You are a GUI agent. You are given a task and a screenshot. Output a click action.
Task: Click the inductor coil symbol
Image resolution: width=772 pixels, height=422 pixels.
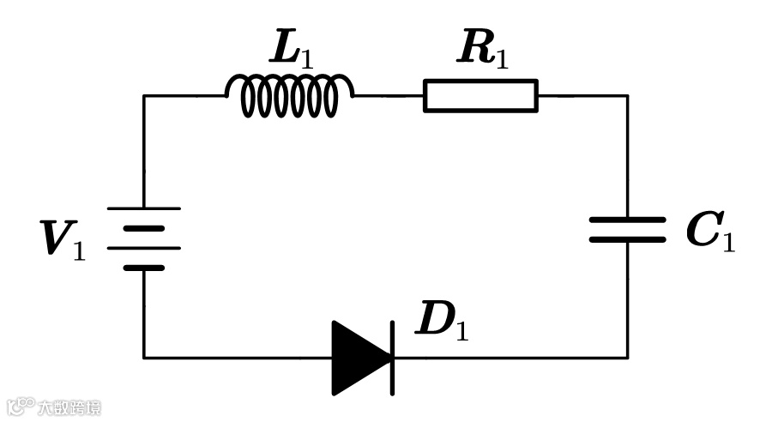coord(289,95)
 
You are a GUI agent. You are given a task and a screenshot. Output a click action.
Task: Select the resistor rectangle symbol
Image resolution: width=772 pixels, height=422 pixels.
coord(480,95)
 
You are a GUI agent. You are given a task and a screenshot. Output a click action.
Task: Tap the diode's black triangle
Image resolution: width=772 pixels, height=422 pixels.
coord(359,358)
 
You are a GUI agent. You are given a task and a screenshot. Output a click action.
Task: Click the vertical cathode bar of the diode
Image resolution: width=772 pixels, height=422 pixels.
coord(392,358)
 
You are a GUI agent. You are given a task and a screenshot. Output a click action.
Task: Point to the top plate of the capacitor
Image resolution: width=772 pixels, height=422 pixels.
coord(627,220)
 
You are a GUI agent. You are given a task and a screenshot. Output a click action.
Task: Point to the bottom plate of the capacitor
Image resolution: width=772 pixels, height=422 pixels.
coord(627,239)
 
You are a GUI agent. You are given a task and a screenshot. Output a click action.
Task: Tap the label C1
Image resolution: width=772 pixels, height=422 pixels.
coord(710,232)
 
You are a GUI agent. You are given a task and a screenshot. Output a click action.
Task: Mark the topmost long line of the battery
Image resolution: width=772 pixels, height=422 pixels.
coord(143,208)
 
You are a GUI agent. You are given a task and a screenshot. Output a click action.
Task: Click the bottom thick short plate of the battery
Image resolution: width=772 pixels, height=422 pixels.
coord(143,268)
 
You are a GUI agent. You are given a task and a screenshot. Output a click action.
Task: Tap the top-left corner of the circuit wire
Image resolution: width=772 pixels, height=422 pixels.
coord(144,95)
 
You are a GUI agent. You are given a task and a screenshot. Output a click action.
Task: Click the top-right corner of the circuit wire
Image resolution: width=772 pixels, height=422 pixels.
coord(627,95)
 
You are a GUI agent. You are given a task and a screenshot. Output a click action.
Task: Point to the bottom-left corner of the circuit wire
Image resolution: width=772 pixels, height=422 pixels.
coord(144,357)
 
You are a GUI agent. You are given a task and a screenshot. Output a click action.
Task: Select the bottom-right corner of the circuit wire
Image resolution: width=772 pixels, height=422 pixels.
coord(627,357)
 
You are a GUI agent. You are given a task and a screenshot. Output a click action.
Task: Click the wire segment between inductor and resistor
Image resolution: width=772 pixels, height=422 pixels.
coord(389,95)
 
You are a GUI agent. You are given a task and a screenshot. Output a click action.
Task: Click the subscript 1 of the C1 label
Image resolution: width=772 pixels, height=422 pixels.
coord(728,243)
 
